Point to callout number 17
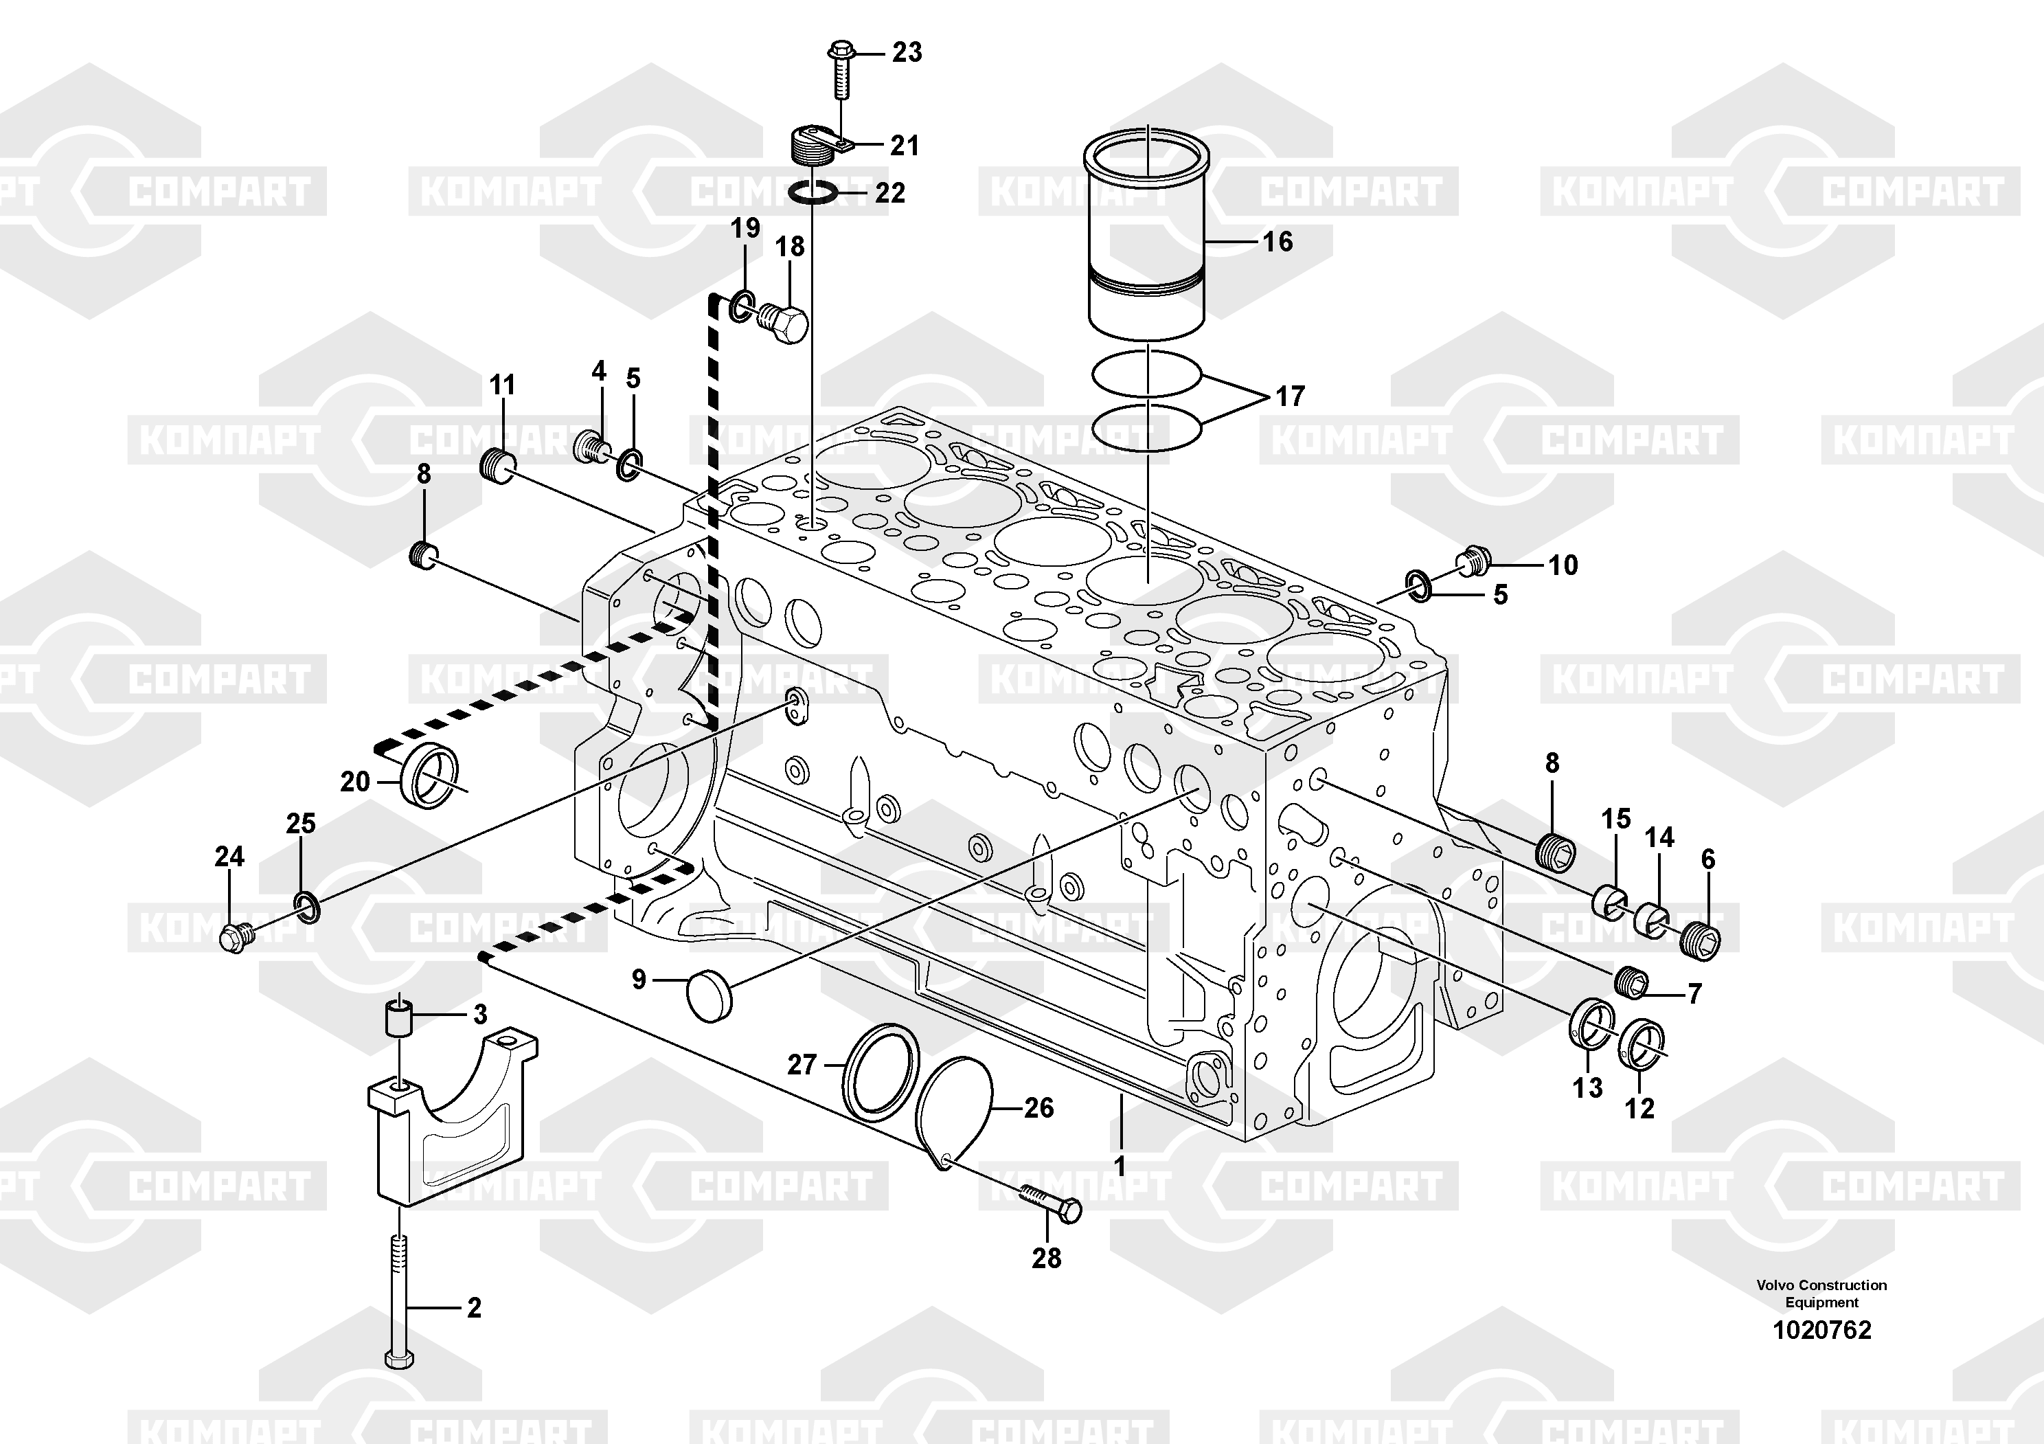1290,396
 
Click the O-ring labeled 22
813,192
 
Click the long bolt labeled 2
400,1300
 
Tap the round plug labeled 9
709,997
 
